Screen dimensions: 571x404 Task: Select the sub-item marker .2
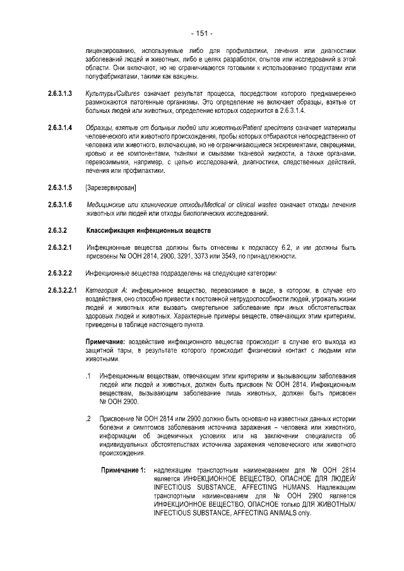click(88, 419)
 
